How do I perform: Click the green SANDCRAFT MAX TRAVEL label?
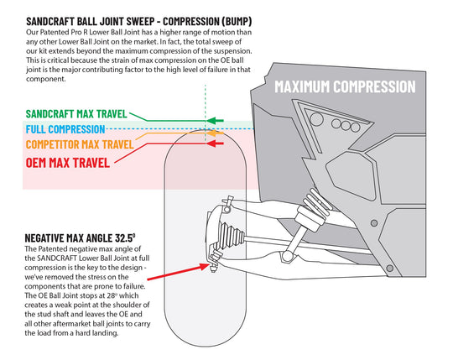coord(76,114)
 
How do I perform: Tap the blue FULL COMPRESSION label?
coord(65,129)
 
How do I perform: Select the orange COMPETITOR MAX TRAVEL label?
coord(80,144)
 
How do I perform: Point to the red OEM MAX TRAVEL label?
coord(68,163)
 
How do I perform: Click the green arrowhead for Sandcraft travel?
coord(215,121)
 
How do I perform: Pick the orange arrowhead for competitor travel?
coord(215,133)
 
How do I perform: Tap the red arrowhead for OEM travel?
coord(215,143)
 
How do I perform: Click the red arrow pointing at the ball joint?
coord(178,272)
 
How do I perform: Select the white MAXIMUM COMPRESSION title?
coord(345,86)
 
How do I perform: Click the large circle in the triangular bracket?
coord(315,119)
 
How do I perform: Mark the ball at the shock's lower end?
coord(288,256)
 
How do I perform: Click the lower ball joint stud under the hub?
coord(214,265)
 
